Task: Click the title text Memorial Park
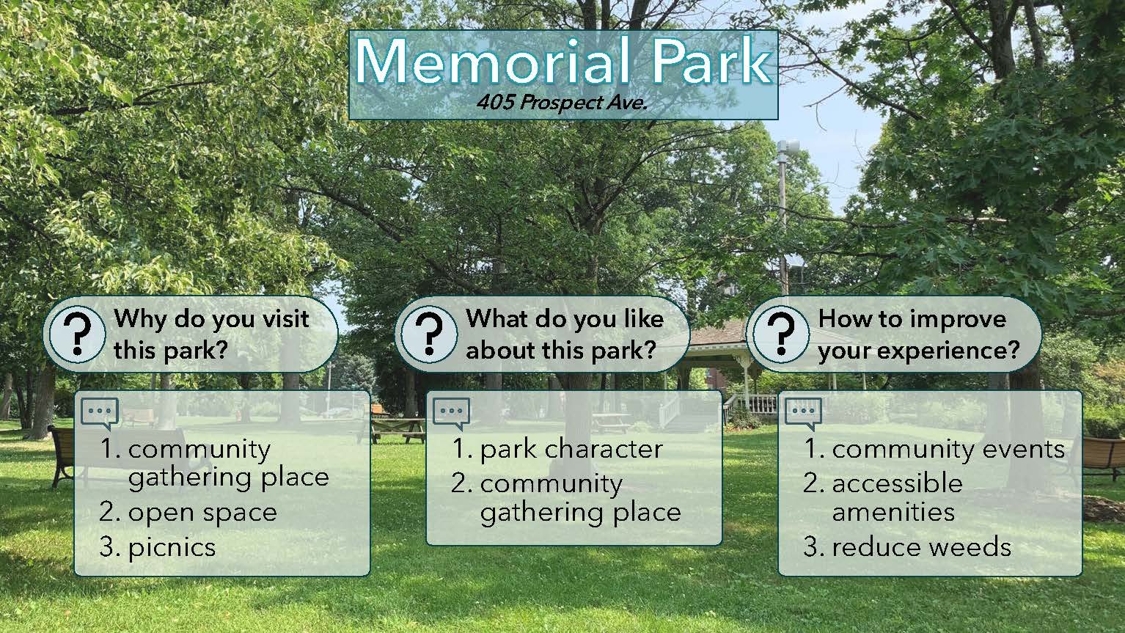(563, 62)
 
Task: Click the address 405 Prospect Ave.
(562, 103)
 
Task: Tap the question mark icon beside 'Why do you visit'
(77, 334)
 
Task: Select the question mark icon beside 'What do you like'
(430, 334)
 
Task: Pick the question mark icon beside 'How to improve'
(781, 334)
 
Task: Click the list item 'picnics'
(158, 548)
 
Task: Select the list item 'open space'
(188, 513)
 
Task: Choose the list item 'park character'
(557, 449)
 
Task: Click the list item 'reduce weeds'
(907, 547)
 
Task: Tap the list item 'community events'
(934, 449)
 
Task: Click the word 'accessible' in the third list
(897, 483)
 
